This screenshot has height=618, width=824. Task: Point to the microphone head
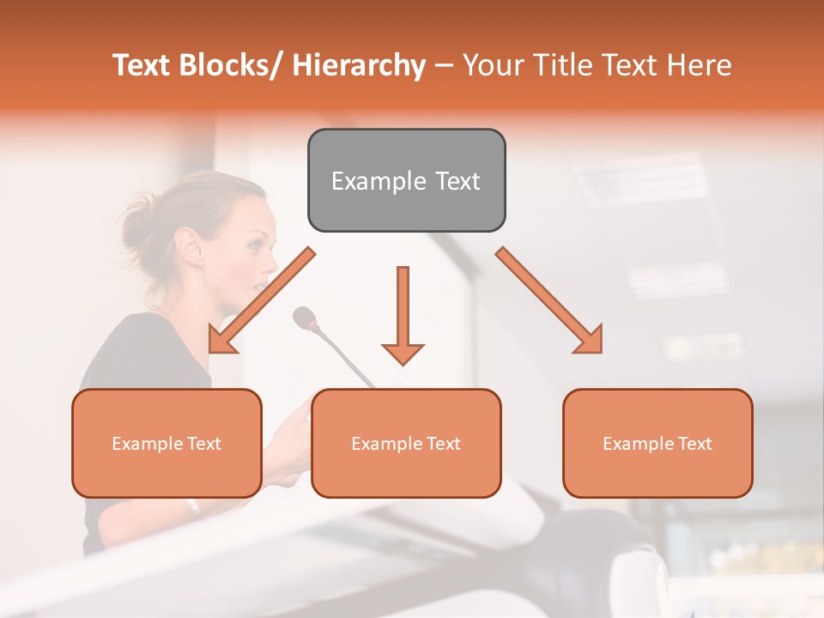[x=304, y=318]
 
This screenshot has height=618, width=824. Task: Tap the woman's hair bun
[x=136, y=218]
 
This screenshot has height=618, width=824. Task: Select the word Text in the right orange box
[x=694, y=444]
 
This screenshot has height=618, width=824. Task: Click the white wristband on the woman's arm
[x=195, y=507]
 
